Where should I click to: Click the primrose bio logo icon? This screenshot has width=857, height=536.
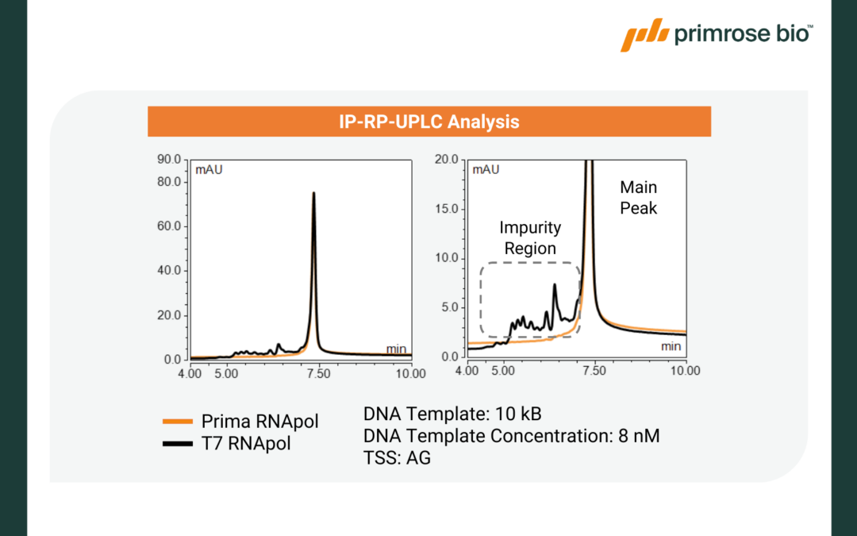644,35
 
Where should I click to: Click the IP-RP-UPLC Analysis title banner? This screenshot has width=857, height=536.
428,121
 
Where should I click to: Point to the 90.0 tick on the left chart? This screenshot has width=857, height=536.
171,160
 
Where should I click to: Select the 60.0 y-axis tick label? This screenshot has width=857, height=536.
171,226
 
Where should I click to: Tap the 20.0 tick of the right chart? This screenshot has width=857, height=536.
446,160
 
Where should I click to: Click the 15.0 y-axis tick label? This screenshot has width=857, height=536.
446,209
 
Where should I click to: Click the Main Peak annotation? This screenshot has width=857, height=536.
639,199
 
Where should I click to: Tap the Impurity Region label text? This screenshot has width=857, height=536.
530,237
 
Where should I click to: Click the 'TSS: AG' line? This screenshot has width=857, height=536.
397,458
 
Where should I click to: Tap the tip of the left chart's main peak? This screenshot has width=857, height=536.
313,193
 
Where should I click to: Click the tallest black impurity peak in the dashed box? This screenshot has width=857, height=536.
555,285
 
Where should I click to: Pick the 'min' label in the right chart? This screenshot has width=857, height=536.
671,346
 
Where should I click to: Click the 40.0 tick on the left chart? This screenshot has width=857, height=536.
171,271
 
